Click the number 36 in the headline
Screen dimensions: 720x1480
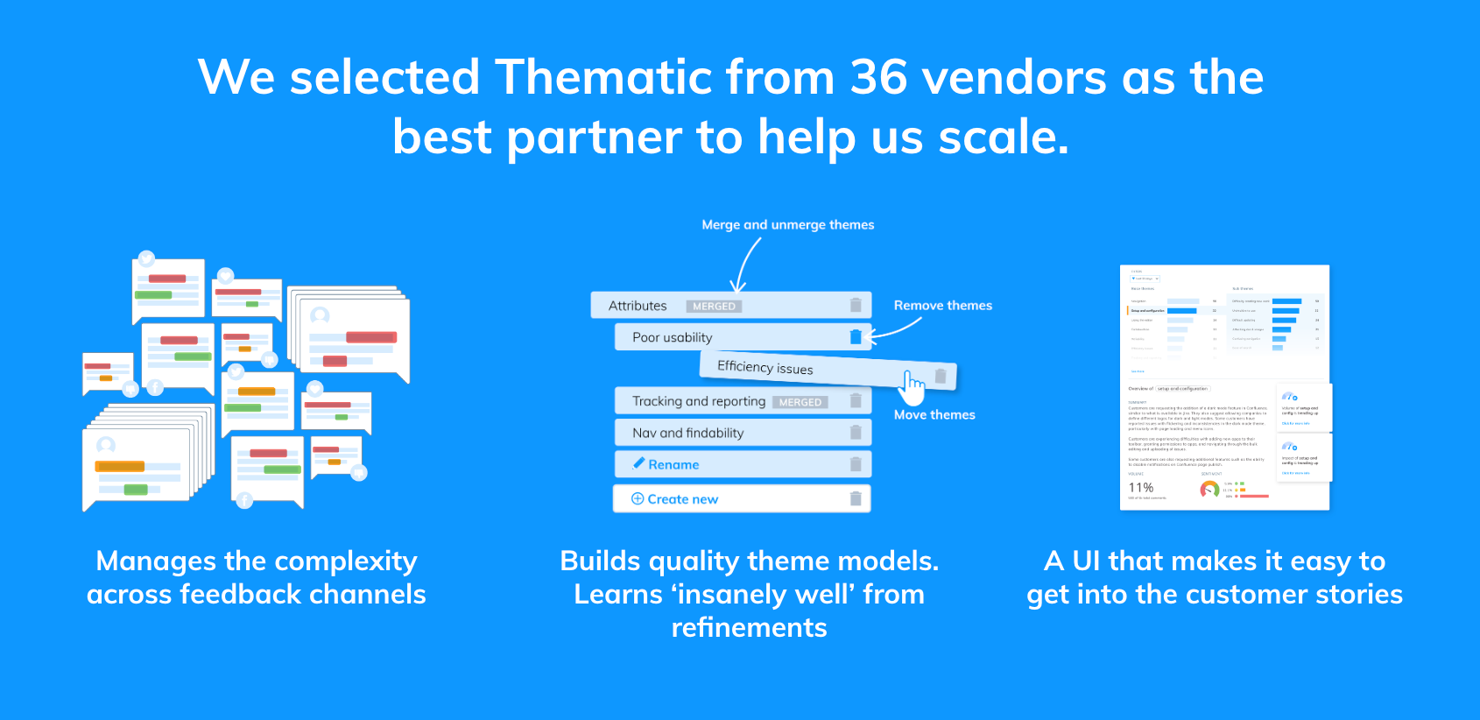pos(878,77)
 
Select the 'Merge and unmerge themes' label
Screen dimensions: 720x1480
pos(787,225)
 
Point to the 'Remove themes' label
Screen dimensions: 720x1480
pos(942,306)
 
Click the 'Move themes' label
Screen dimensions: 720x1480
pos(934,415)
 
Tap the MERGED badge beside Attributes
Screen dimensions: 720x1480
pos(714,307)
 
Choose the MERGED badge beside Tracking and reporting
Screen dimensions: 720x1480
pos(800,403)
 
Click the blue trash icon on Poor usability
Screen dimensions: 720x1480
pos(856,337)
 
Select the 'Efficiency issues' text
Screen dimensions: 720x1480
pos(765,368)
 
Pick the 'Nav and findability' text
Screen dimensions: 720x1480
pos(687,433)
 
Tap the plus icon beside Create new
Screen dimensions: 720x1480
pos(638,498)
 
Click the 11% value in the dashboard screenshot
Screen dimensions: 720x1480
pos(1140,488)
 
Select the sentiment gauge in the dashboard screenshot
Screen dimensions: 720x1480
pos(1209,489)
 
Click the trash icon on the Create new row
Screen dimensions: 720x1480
pos(856,498)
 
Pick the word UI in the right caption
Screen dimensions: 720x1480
pos(1086,561)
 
